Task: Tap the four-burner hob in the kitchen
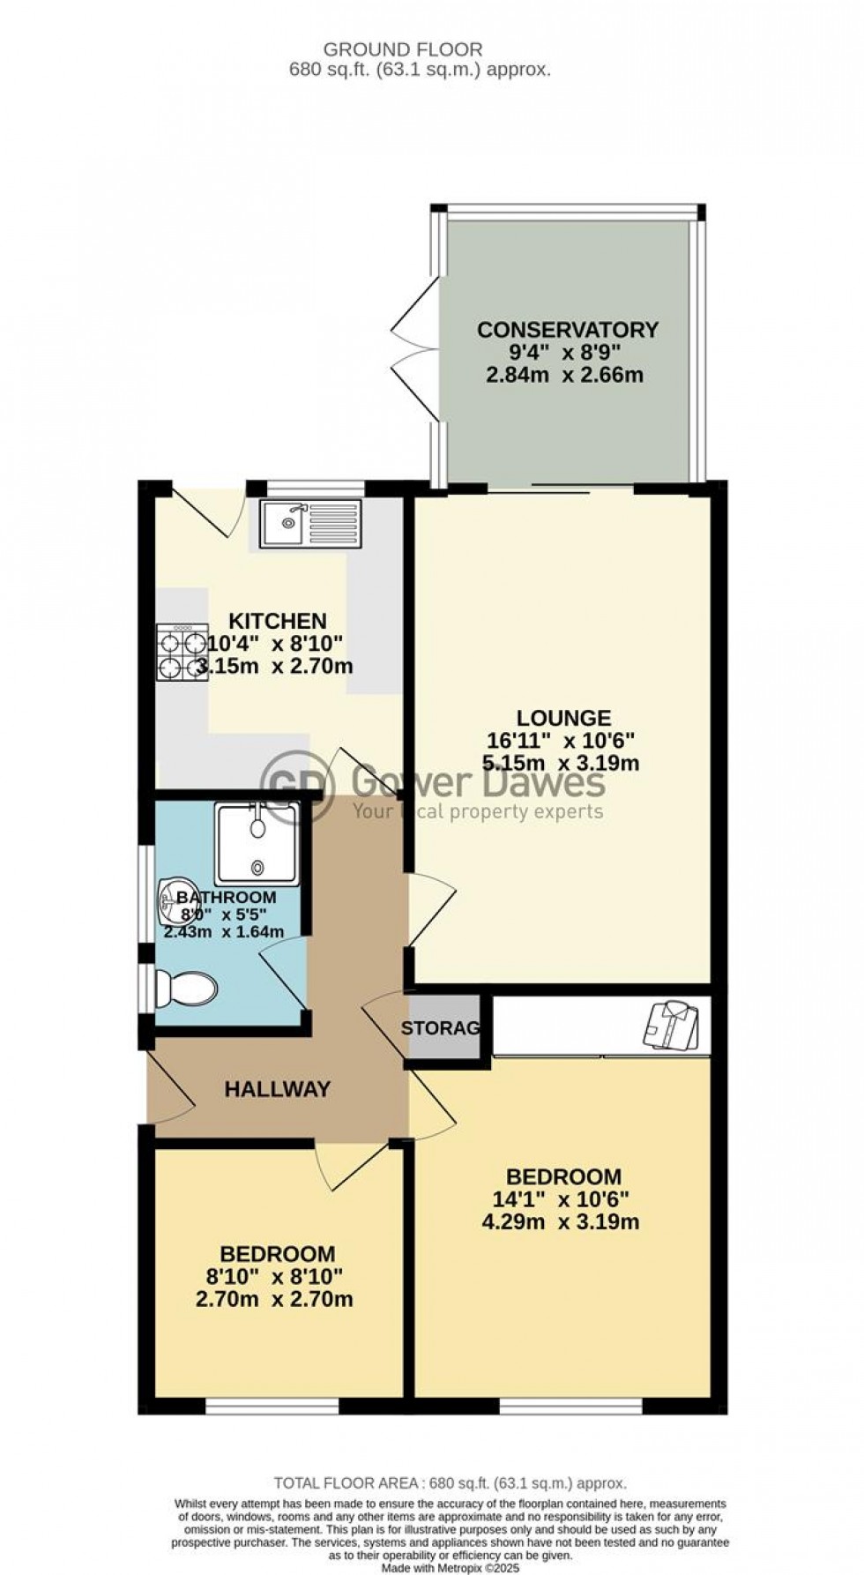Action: click(182, 653)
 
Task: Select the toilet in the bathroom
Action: click(186, 989)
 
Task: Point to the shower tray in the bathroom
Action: click(257, 844)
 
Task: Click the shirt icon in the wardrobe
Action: click(675, 1025)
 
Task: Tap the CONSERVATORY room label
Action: click(567, 330)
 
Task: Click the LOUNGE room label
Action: click(563, 718)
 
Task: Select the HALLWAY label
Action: click(277, 1089)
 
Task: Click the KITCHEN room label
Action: click(278, 621)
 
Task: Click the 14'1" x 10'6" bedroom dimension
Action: click(563, 1199)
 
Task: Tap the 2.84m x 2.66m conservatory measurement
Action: click(564, 375)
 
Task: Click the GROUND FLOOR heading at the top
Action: click(403, 50)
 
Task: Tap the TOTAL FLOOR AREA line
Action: click(450, 1483)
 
